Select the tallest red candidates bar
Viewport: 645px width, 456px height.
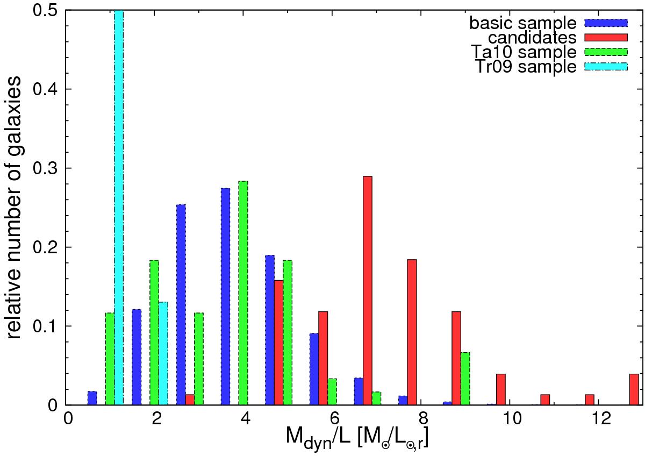368,290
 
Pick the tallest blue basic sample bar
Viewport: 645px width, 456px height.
226,296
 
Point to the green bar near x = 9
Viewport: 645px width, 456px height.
465,379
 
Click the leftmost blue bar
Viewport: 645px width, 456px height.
92,398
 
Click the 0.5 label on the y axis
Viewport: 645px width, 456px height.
47,10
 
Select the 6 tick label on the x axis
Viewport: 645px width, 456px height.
334,419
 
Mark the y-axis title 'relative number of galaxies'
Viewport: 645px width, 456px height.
16,207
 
